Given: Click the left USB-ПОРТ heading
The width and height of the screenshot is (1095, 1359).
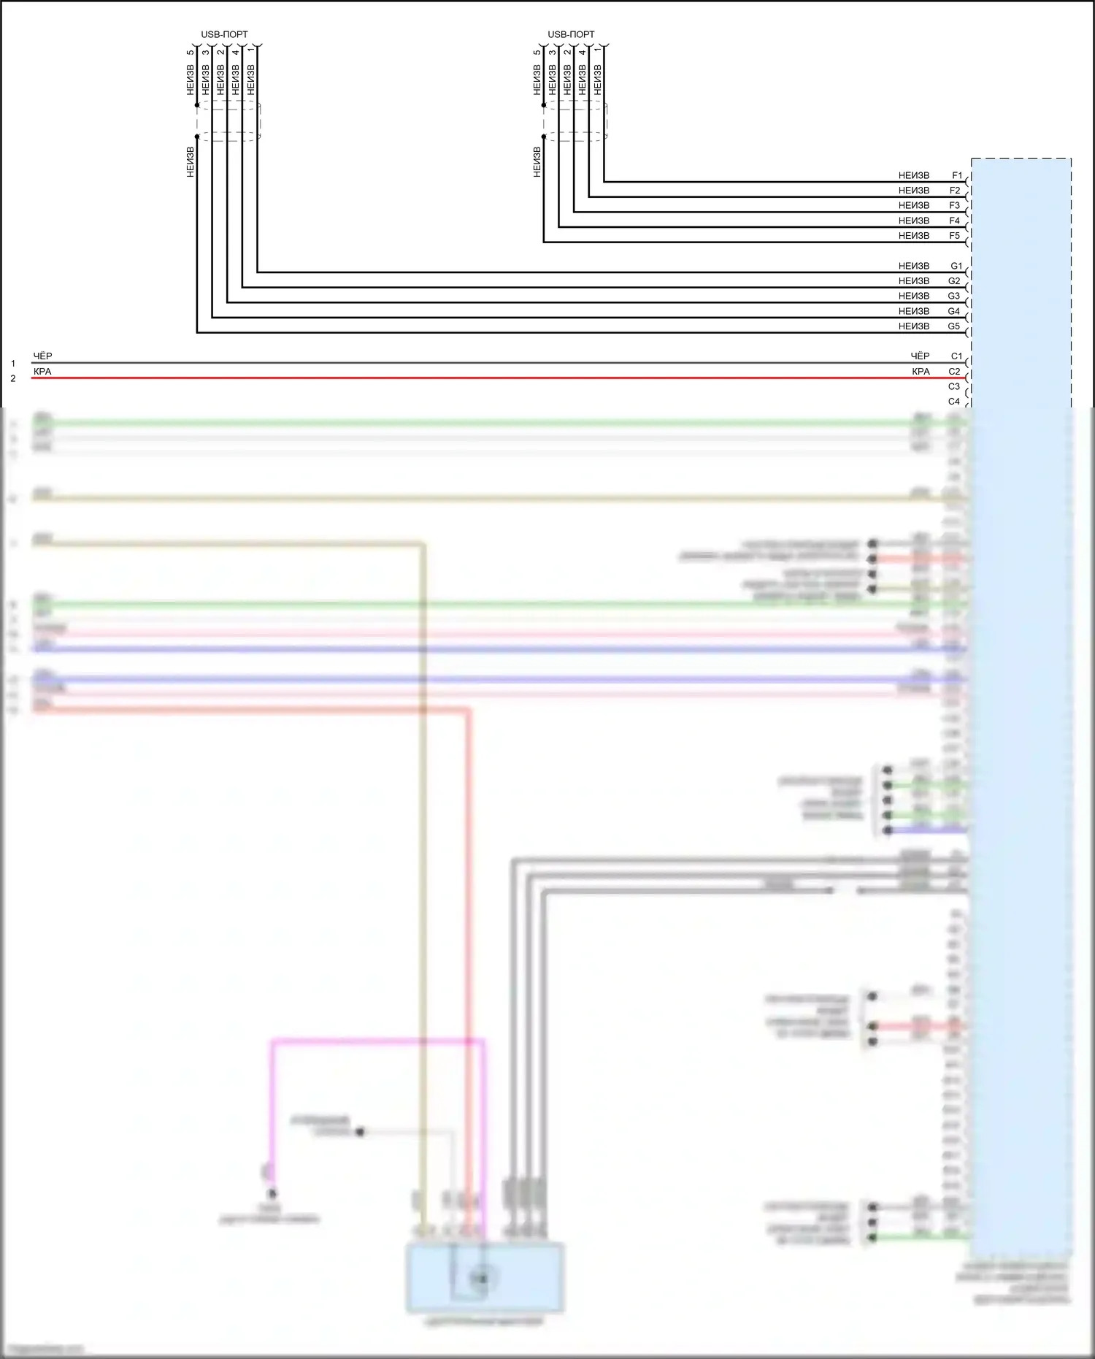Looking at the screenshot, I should tap(224, 34).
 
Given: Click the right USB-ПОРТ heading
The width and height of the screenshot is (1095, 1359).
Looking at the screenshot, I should tap(571, 34).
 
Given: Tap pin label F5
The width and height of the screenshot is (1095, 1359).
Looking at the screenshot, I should tap(955, 236).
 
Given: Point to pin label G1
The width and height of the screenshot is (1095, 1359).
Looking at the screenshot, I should tap(956, 266).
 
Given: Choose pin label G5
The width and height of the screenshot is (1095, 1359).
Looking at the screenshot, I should tap(954, 326).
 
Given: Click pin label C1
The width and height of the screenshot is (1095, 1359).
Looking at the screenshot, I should tap(956, 356).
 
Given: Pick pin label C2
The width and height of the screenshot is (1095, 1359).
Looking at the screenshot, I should tap(954, 372).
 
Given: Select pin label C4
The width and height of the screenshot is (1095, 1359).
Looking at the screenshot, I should tap(954, 402).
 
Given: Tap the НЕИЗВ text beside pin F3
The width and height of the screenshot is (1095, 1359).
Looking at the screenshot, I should tap(914, 206).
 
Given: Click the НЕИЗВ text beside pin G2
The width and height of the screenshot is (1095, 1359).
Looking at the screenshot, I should tap(914, 281).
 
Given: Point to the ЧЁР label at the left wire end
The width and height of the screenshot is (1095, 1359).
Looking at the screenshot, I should tap(42, 356).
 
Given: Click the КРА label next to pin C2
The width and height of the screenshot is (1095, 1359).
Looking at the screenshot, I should tap(921, 372).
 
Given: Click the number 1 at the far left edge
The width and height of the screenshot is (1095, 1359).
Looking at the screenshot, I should tap(12, 364).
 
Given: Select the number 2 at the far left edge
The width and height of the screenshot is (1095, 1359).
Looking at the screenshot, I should tap(12, 379).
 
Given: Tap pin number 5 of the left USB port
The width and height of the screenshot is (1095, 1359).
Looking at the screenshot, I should tap(191, 53).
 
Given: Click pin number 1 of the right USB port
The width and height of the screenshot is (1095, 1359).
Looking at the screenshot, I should tap(598, 53).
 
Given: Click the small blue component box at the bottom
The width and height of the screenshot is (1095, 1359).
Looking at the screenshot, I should tap(485, 1277).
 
